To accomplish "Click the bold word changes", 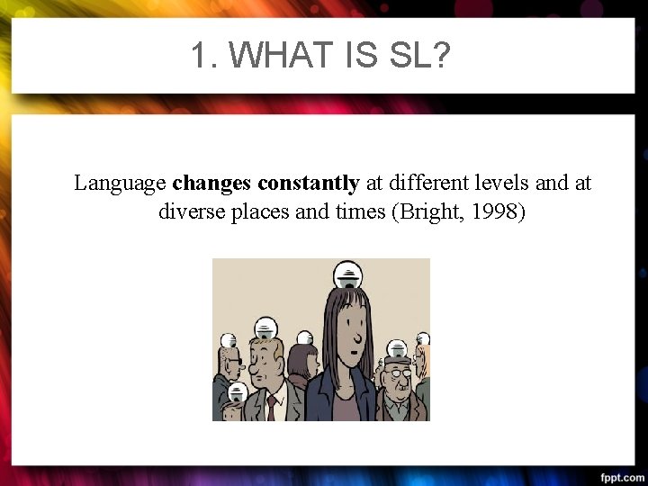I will (212, 184).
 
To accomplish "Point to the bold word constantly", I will (309, 184).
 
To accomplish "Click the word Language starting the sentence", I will (120, 184).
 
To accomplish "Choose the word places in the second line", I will (262, 212).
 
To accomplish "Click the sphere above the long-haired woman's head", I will (346, 274).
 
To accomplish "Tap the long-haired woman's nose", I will (356, 340).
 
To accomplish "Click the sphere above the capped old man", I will (397, 348).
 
